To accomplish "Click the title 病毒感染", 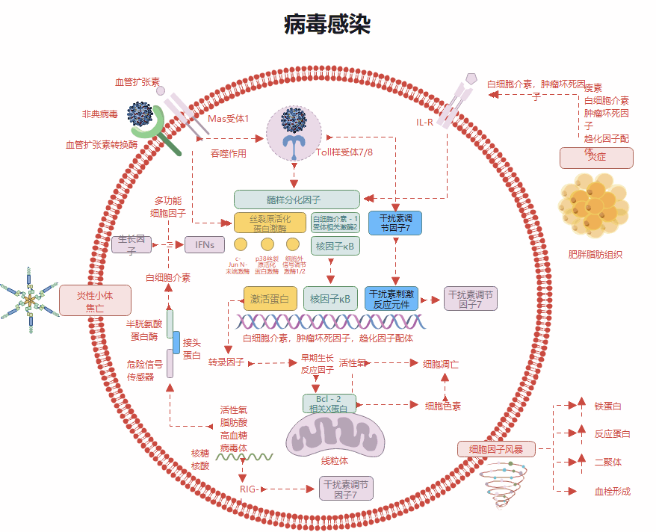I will click(327, 25).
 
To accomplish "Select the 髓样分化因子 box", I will click(297, 199).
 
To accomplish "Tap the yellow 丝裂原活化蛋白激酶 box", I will click(270, 223).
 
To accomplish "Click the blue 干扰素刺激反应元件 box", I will click(392, 298).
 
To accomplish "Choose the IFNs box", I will click(205, 244).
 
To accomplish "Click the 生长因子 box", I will click(131, 244).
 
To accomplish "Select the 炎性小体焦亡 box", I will click(95, 300).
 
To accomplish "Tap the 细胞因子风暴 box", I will click(495, 449).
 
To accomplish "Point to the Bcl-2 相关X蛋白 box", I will click(329, 403).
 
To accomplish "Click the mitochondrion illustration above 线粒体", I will click(336, 436).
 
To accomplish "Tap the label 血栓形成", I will click(612, 491).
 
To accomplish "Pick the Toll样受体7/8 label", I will click(344, 152).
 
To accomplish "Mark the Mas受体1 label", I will click(228, 119).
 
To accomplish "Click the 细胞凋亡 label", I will click(441, 364).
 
